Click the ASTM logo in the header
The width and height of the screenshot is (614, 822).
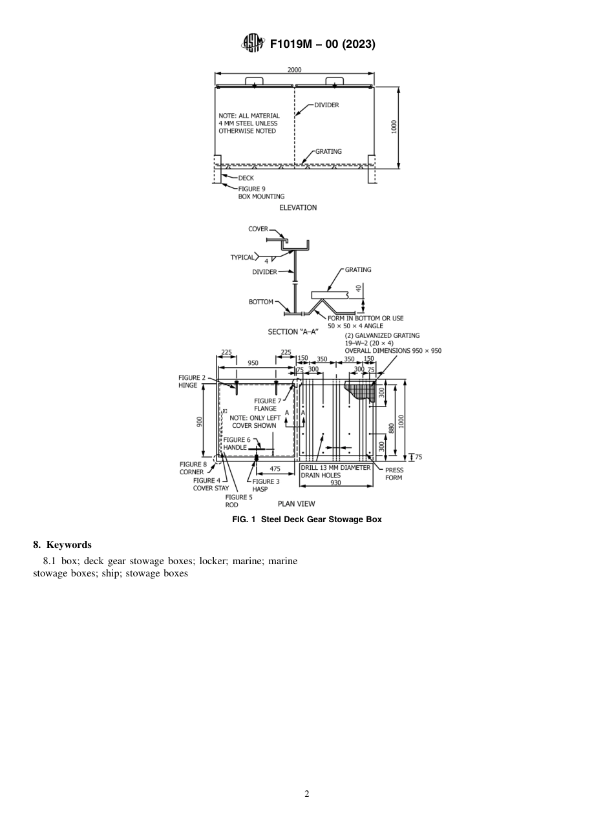[x=253, y=43]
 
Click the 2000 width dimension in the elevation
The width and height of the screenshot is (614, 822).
[x=294, y=70]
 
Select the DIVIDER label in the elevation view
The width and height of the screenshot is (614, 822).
[x=326, y=105]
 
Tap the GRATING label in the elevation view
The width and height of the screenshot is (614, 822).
[x=328, y=152]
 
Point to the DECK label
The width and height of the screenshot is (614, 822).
[x=246, y=178]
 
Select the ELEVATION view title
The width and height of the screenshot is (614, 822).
[x=298, y=207]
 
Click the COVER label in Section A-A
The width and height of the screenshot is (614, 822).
[x=258, y=229]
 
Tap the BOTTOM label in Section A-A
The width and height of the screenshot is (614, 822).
[x=260, y=302]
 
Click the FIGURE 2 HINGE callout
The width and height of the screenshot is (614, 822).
[x=192, y=381]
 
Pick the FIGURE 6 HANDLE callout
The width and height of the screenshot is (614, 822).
[x=237, y=443]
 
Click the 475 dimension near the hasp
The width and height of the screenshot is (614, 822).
[x=275, y=469]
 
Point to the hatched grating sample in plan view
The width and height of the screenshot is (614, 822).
[x=360, y=390]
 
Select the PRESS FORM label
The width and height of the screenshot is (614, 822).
[x=394, y=474]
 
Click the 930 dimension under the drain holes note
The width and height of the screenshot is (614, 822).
[x=335, y=483]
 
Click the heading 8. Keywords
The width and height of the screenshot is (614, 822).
[x=62, y=545]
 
